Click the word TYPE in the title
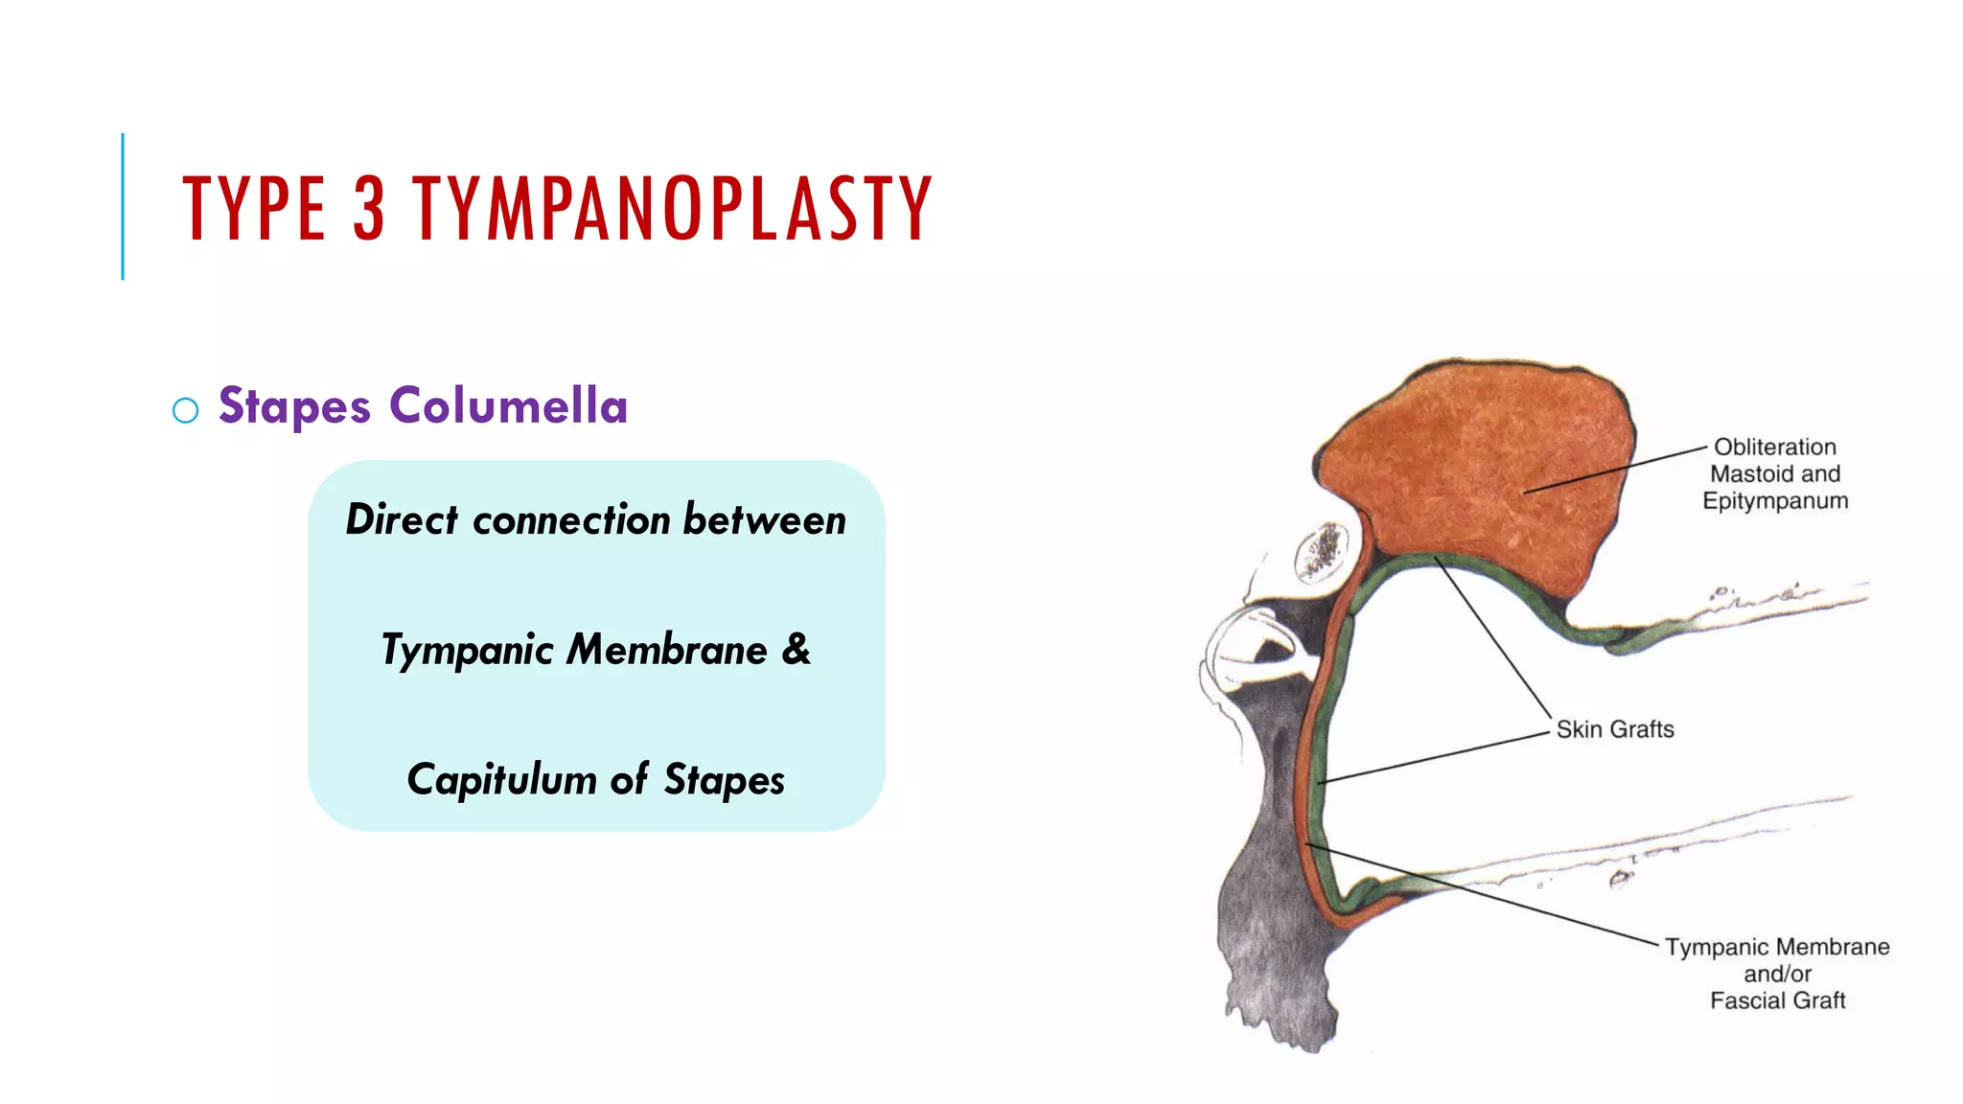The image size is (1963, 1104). [254, 208]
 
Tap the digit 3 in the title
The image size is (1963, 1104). [369, 208]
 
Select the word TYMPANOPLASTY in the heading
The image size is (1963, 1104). [672, 208]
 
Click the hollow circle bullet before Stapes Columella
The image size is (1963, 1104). [185, 410]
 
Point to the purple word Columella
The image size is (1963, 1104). [508, 405]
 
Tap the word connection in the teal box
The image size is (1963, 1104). [571, 520]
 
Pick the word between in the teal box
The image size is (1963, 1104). [765, 519]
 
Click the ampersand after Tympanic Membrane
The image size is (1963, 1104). [797, 649]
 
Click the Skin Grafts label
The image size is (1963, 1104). [1615, 729]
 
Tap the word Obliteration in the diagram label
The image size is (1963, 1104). [1775, 447]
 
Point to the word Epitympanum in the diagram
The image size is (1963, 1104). [1775, 501]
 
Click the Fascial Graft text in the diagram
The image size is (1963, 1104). [1777, 1000]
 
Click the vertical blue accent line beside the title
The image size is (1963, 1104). [123, 206]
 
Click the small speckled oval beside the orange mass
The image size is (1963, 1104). [1322, 553]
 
